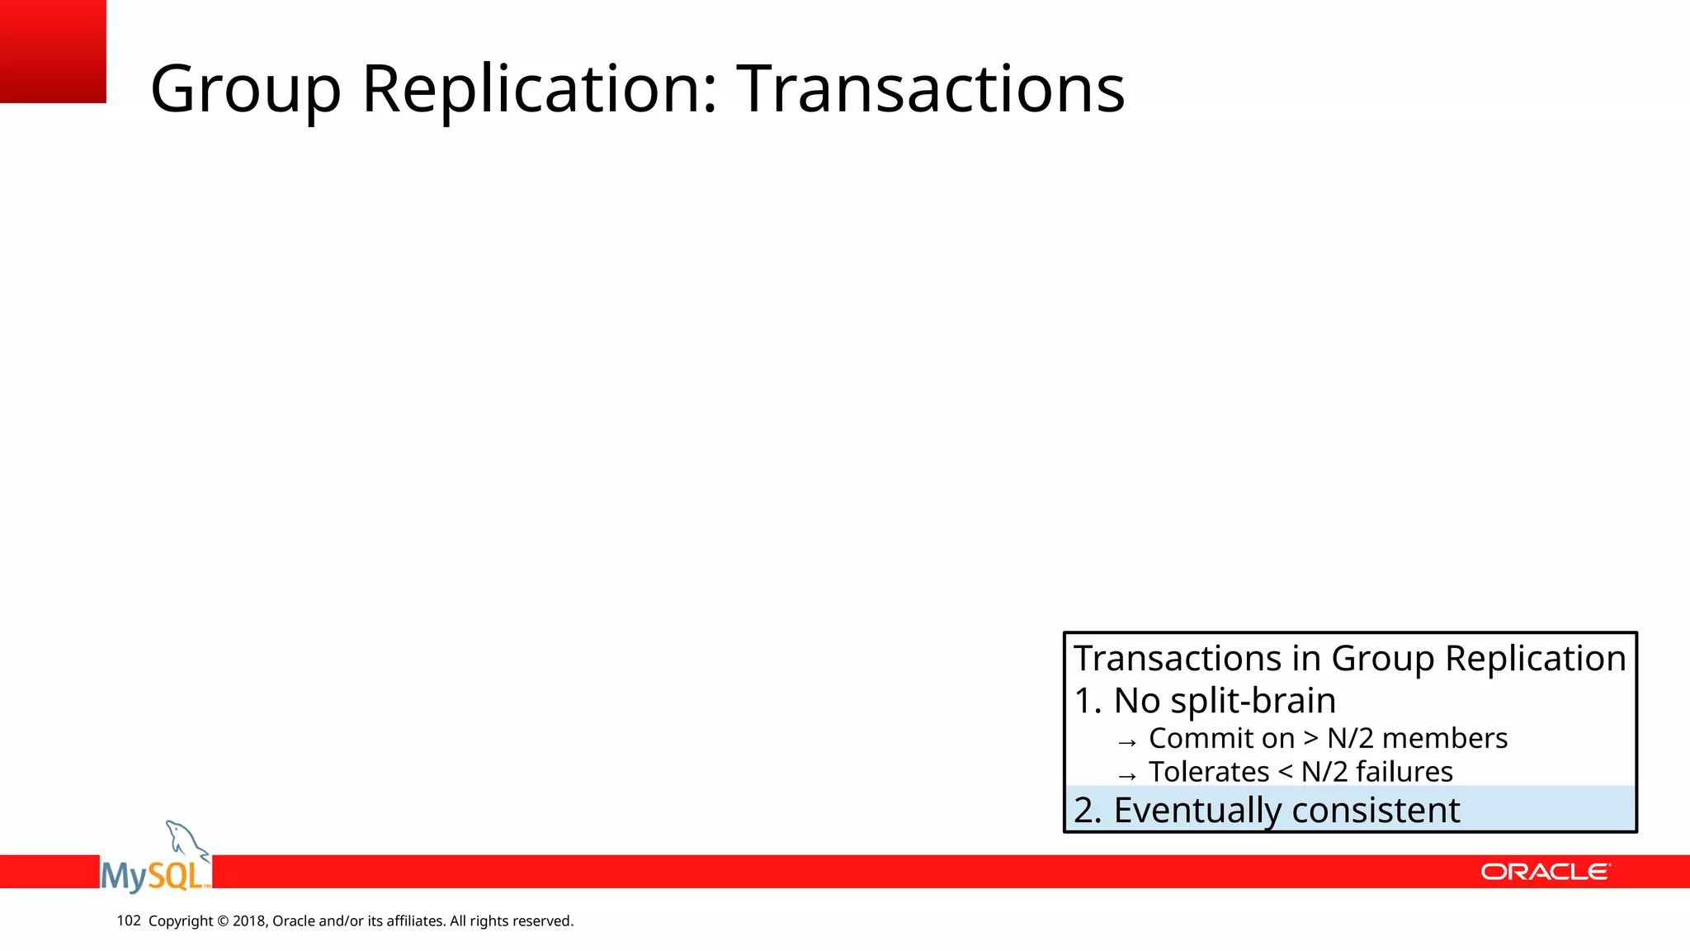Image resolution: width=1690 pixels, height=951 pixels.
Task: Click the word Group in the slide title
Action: pos(245,89)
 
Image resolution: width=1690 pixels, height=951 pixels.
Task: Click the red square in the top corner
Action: pos(53,51)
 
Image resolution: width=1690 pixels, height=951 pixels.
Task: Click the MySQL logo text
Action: pos(154,875)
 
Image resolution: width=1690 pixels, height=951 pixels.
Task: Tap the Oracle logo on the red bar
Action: pos(1545,872)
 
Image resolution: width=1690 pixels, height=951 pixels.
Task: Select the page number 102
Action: pos(129,920)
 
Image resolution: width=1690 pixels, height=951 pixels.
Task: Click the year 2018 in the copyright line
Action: pos(248,920)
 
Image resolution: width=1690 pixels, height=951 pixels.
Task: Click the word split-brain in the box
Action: pos(1253,701)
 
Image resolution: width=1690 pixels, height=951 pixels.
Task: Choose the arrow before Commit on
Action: pos(1127,741)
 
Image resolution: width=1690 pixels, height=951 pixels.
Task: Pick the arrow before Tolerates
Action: pos(1127,775)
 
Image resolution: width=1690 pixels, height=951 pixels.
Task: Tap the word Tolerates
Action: pos(1209,772)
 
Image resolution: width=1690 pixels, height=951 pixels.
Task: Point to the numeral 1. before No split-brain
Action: pos(1087,701)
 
